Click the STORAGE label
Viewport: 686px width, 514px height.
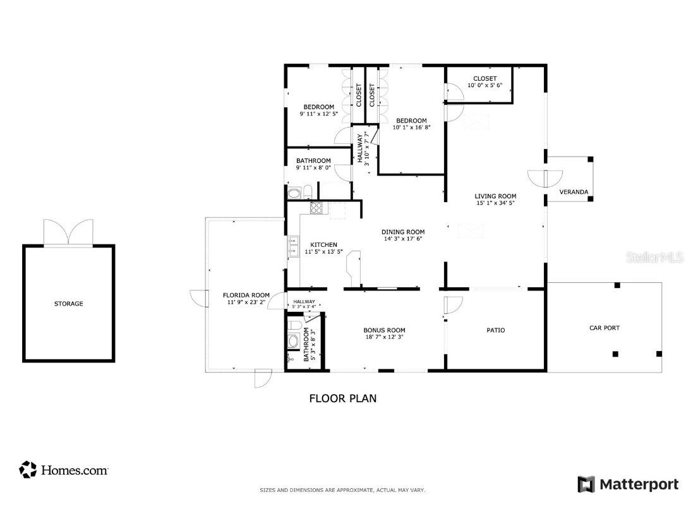68,304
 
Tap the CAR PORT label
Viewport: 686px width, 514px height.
604,328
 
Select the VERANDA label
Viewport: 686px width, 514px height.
574,192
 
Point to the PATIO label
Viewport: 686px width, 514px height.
495,330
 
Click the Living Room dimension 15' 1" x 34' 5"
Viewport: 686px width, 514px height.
495,203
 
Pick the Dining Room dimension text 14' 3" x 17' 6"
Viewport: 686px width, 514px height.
403,239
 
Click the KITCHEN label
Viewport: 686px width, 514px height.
323,244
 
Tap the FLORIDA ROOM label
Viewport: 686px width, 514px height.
246,295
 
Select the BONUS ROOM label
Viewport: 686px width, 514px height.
384,330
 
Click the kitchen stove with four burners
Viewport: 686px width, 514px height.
316,207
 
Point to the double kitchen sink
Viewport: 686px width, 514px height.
292,247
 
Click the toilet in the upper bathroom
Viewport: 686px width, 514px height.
306,191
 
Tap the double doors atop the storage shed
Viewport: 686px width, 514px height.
68,232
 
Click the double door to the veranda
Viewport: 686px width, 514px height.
545,178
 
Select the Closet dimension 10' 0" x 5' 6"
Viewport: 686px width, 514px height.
484,85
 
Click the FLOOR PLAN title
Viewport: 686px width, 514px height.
342,398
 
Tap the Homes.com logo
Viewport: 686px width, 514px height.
64,470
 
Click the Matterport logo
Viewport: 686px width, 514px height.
628,484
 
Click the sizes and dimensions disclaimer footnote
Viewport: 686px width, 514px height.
342,490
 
